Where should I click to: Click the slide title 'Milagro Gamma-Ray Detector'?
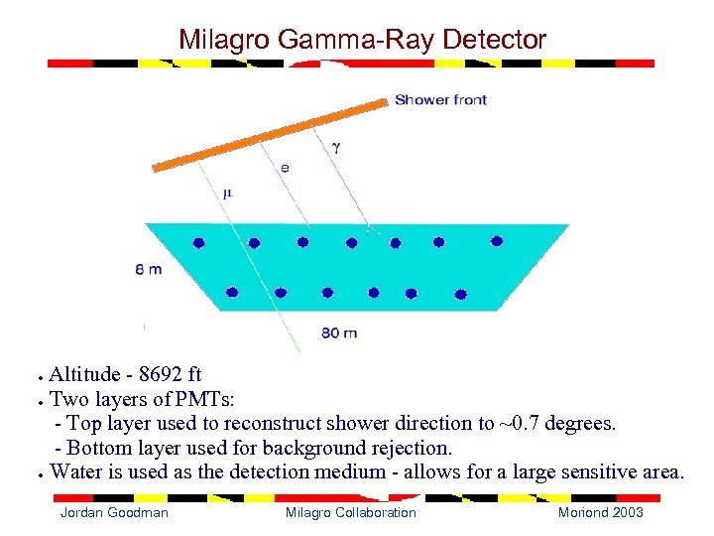tap(362, 40)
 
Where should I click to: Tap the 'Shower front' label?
tap(440, 100)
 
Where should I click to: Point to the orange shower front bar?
tap(268, 135)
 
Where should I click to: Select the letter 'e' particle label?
tap(285, 168)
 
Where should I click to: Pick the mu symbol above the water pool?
tap(227, 194)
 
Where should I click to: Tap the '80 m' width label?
tap(339, 333)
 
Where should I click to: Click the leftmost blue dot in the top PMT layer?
tap(198, 242)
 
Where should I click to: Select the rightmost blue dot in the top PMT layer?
tap(497, 241)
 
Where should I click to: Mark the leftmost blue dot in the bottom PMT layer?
tap(232, 292)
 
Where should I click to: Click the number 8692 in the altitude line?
tap(162, 374)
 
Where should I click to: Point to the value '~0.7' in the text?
tap(524, 424)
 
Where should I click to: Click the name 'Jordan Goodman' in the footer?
tap(114, 512)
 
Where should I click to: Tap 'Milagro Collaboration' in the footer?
tap(351, 512)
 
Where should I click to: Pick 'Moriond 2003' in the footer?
tap(600, 512)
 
